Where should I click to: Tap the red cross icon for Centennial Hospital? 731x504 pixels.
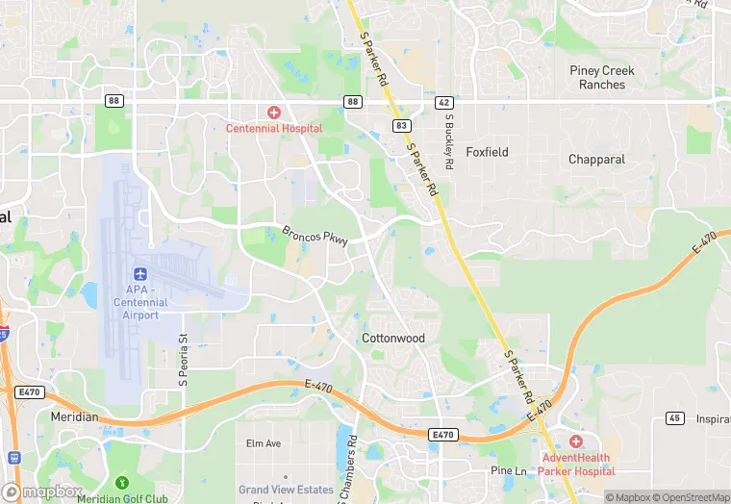click(274, 113)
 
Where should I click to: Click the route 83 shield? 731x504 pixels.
click(400, 126)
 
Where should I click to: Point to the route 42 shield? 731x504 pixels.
click(443, 101)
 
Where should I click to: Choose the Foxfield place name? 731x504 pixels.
click(487, 152)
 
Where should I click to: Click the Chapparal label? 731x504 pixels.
click(596, 160)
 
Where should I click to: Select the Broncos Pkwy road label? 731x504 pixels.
click(315, 237)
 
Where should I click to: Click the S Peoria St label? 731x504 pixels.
click(183, 362)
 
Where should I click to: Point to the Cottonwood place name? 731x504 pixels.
click(393, 339)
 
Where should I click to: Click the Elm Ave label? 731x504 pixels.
click(264, 443)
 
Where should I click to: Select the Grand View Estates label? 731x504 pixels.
click(287, 490)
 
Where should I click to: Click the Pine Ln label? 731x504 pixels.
click(509, 471)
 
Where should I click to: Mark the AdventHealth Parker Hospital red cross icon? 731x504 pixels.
click(576, 441)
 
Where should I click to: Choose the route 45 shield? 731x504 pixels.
click(673, 417)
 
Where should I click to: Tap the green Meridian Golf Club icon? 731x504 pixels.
click(121, 482)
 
